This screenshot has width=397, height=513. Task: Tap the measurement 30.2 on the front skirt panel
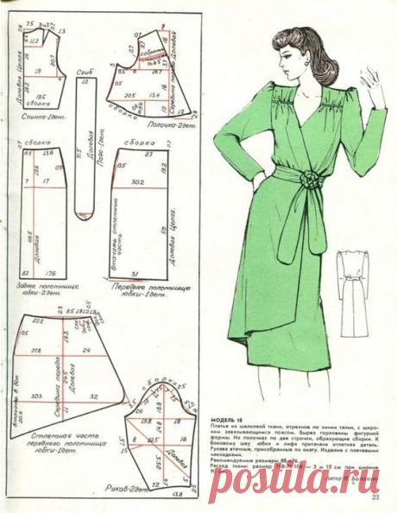point(134,183)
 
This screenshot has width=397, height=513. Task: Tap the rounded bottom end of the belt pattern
point(83,212)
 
